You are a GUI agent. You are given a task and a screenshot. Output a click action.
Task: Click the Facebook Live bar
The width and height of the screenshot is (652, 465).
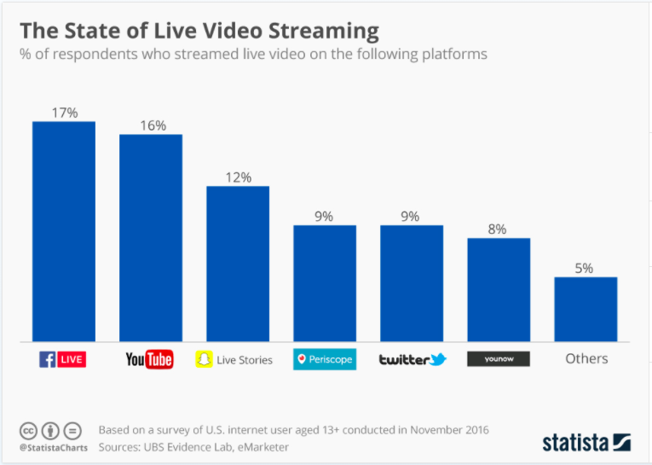pyautogui.click(x=64, y=231)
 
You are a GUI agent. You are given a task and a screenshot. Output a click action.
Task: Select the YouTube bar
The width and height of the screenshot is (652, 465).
pyautogui.click(x=151, y=238)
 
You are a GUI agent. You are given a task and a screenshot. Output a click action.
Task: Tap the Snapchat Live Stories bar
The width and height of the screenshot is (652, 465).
pyautogui.click(x=238, y=264)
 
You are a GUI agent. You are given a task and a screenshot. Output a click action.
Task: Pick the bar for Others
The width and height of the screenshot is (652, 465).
pyautogui.click(x=586, y=309)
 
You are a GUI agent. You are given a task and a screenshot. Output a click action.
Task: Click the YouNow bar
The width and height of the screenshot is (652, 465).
pyautogui.click(x=499, y=289)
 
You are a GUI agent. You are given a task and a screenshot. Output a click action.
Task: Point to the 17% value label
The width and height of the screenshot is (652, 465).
pyautogui.click(x=64, y=112)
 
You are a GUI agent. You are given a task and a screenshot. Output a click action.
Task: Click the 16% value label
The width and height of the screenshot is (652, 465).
pyautogui.click(x=153, y=125)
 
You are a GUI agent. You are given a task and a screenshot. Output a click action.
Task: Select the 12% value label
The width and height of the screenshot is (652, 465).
pyautogui.click(x=239, y=177)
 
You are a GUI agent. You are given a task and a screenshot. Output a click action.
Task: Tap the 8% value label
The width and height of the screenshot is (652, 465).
pyautogui.click(x=498, y=229)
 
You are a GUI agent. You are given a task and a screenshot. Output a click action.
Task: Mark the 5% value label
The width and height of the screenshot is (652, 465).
pyautogui.click(x=585, y=268)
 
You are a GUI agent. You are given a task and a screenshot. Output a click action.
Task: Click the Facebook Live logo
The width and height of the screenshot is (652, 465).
pyautogui.click(x=63, y=359)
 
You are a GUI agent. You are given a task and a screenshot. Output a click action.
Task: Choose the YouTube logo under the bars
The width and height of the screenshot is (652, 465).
pyautogui.click(x=149, y=359)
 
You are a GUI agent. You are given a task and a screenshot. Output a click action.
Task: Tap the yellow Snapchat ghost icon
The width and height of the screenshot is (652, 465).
pyautogui.click(x=204, y=359)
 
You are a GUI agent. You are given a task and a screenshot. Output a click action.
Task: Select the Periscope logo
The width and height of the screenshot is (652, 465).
pyautogui.click(x=325, y=359)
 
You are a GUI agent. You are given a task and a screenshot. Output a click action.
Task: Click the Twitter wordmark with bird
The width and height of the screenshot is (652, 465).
pyautogui.click(x=413, y=359)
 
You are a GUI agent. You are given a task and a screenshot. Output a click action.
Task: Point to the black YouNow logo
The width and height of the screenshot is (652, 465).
pyautogui.click(x=499, y=359)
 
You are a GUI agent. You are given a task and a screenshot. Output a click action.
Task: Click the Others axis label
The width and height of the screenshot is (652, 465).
pyautogui.click(x=586, y=359)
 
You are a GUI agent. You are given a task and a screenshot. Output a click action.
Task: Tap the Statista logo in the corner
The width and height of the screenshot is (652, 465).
pyautogui.click(x=586, y=441)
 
